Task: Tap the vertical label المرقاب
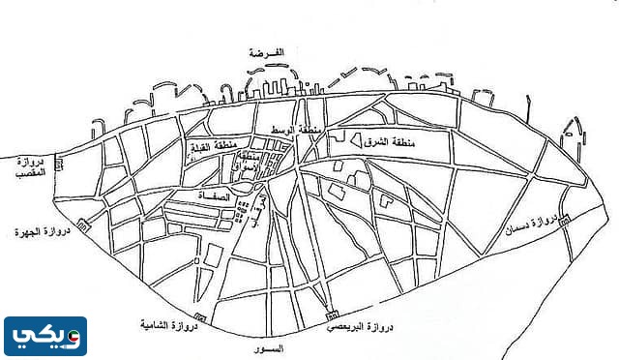[x=257, y=208]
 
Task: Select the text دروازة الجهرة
[x=38, y=232]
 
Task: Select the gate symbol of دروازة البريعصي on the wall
[x=332, y=316]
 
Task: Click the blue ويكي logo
[x=44, y=335]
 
